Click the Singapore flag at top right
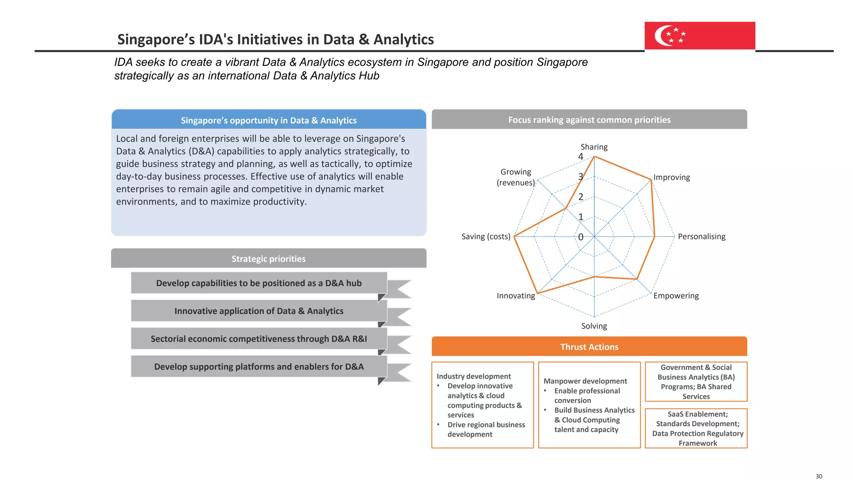[700, 36]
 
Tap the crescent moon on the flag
[660, 35]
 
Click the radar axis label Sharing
[594, 147]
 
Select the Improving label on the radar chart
[671, 177]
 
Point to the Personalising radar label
[701, 237]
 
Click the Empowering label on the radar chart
[676, 296]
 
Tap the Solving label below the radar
[594, 326]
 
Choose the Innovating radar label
[516, 296]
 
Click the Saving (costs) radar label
[486, 237]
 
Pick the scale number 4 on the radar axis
[581, 157]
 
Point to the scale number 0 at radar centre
[581, 237]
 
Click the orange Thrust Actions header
[589, 347]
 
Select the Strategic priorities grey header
[269, 259]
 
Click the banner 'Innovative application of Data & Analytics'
[259, 311]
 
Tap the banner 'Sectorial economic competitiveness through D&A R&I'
[259, 339]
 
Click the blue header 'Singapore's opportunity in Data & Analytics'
[269, 120]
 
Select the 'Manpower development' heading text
[585, 381]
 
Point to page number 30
[819, 476]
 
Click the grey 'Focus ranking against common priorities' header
[589, 120]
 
